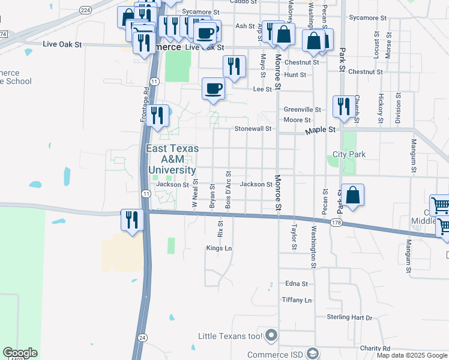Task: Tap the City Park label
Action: tap(349, 154)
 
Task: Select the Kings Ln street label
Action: tap(218, 248)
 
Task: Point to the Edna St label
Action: tap(297, 284)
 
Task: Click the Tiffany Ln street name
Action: tap(297, 300)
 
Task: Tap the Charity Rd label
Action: tap(375, 348)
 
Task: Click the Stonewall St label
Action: tap(253, 128)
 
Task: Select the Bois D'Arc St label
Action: tap(228, 190)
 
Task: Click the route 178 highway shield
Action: tap(336, 222)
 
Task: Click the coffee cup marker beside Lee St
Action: tap(213, 89)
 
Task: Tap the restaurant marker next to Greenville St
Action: tap(343, 106)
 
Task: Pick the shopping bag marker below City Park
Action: tap(353, 194)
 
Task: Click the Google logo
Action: tap(20, 353)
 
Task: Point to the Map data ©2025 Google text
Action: tap(411, 355)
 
